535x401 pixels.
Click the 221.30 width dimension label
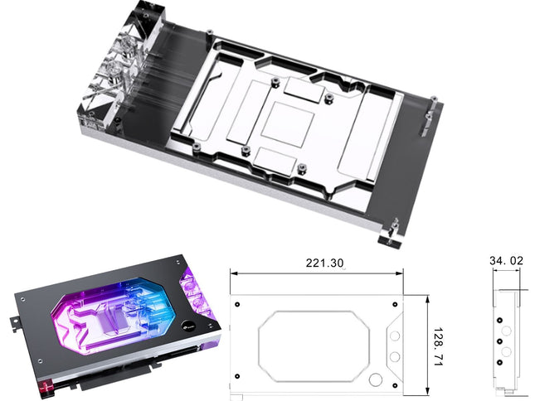324,263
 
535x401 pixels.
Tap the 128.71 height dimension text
438,347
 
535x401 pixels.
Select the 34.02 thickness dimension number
506,261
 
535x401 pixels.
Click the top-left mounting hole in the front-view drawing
237,304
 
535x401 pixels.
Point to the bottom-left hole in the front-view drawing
237,376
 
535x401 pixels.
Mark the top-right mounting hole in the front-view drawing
395,304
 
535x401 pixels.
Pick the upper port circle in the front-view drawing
395,336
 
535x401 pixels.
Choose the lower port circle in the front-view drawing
395,357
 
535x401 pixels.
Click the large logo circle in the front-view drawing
376,380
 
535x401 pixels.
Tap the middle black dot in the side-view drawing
500,341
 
